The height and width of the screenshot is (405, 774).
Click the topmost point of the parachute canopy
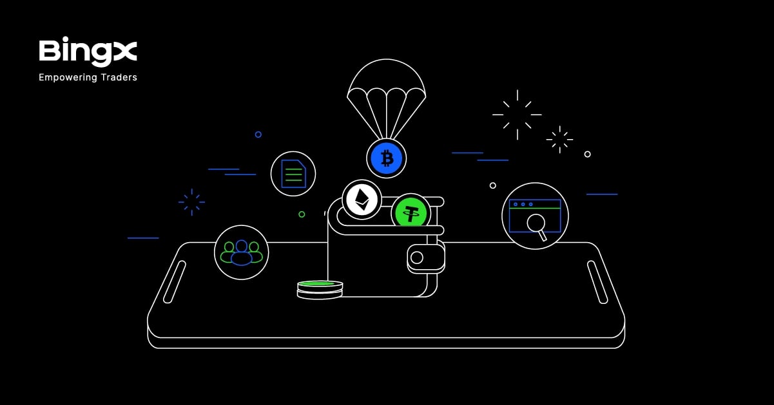[387, 59]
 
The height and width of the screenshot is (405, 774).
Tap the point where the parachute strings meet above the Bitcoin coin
[387, 139]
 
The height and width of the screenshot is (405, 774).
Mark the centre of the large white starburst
[518, 115]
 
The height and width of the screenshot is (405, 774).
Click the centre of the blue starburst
[192, 202]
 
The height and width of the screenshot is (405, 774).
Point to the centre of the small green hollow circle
[302, 214]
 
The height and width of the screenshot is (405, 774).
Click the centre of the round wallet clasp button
[417, 258]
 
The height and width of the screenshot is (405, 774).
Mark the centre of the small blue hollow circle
[258, 135]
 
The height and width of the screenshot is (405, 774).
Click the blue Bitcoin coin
[387, 159]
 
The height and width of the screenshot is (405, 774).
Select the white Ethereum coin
[362, 200]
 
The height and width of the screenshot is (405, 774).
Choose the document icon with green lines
[293, 174]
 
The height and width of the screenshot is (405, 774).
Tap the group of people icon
[242, 253]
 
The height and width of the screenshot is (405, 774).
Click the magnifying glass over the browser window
[537, 227]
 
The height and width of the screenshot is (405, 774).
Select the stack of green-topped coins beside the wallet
[320, 290]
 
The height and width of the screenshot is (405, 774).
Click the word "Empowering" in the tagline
[68, 78]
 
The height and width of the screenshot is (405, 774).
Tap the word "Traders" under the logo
[119, 77]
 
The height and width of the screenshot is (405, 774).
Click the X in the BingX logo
[126, 52]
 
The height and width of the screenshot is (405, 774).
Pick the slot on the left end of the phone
[175, 282]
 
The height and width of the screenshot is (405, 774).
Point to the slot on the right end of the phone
[597, 282]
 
